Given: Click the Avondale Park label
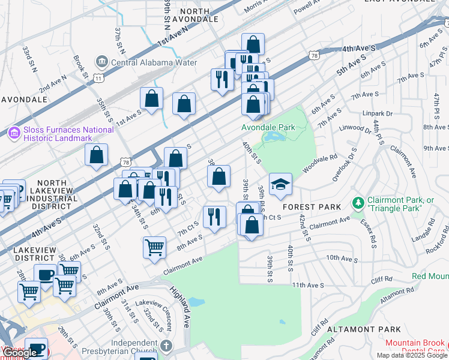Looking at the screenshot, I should (x=268, y=127).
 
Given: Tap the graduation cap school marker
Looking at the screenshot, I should (x=280, y=185).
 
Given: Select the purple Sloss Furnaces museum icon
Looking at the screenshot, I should (x=14, y=132).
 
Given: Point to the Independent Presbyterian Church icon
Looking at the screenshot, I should (x=166, y=346).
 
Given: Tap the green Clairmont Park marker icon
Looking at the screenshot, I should (x=358, y=203).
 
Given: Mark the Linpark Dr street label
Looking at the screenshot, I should (x=377, y=113).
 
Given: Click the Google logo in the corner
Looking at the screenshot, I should (x=20, y=353).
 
